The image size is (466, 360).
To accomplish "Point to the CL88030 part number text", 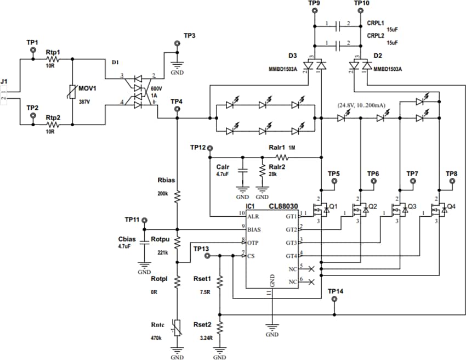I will coord(283,206).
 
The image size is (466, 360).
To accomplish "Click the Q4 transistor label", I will coord(452,206).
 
